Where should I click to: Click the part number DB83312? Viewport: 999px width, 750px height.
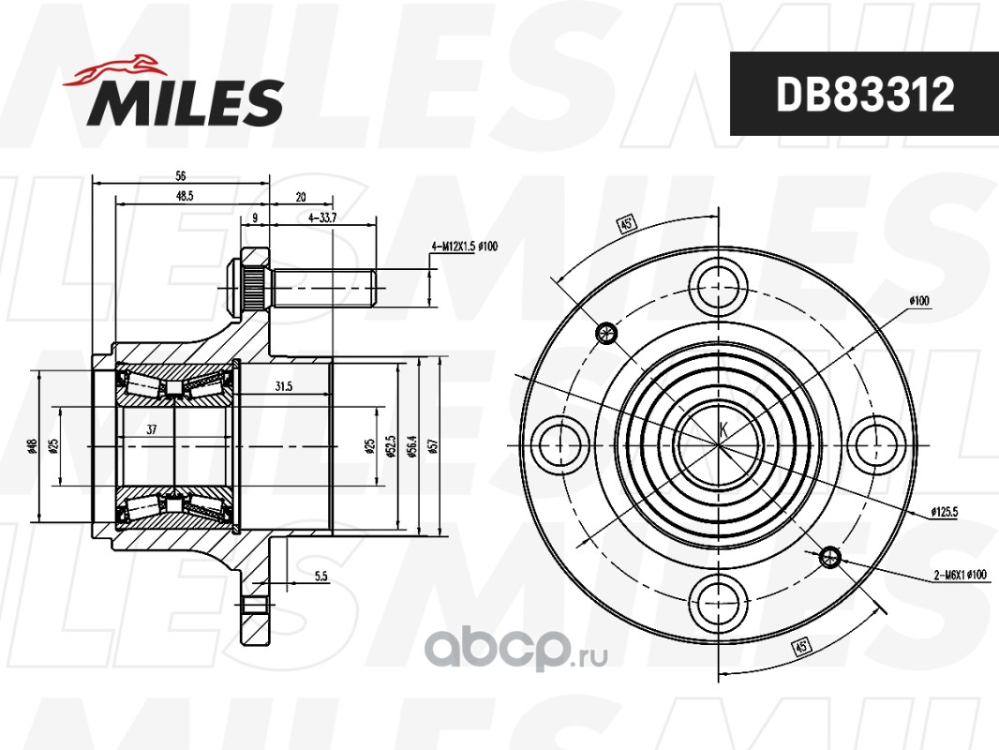pyautogui.click(x=865, y=94)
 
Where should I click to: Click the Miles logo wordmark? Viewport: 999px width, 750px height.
pyautogui.click(x=186, y=102)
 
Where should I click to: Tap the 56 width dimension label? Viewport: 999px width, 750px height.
pyautogui.click(x=180, y=175)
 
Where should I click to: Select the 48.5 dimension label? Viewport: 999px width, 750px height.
pyautogui.click(x=184, y=196)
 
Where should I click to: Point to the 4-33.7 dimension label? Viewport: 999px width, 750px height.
pyautogui.click(x=322, y=217)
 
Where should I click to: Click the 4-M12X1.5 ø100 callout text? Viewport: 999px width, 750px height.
pyautogui.click(x=465, y=247)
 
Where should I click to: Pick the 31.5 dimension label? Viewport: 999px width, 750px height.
pyautogui.click(x=284, y=386)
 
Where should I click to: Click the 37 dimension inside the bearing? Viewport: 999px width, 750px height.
pyautogui.click(x=151, y=429)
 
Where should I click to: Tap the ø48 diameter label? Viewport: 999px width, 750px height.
pyautogui.click(x=33, y=446)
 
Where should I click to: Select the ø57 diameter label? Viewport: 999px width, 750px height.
pyautogui.click(x=434, y=445)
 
